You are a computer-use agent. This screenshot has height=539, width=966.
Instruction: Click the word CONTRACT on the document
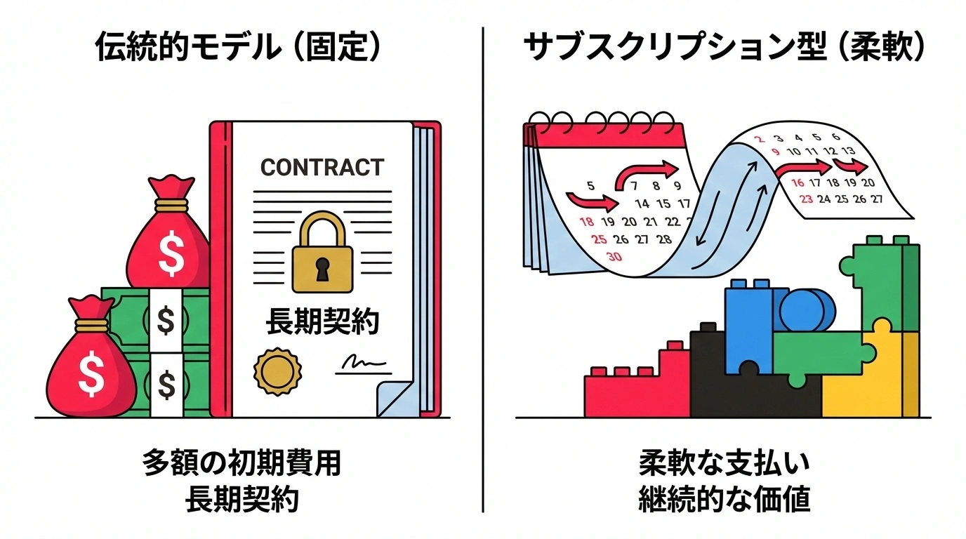coord(322,168)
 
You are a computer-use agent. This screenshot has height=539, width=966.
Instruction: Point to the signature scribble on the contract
coord(362,363)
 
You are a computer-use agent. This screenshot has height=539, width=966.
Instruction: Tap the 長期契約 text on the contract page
coord(322,322)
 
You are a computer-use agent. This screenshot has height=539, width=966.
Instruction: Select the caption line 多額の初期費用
coord(241,464)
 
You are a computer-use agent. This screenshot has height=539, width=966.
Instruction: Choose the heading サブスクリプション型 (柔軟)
coord(724,46)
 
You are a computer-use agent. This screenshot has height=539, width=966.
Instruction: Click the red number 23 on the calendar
coord(806,199)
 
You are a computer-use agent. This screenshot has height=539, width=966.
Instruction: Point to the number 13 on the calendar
coord(848,151)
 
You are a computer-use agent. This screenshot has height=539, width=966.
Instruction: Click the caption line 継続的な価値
coord(724,500)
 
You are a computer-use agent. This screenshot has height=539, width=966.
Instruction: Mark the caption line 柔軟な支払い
coord(724,464)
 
